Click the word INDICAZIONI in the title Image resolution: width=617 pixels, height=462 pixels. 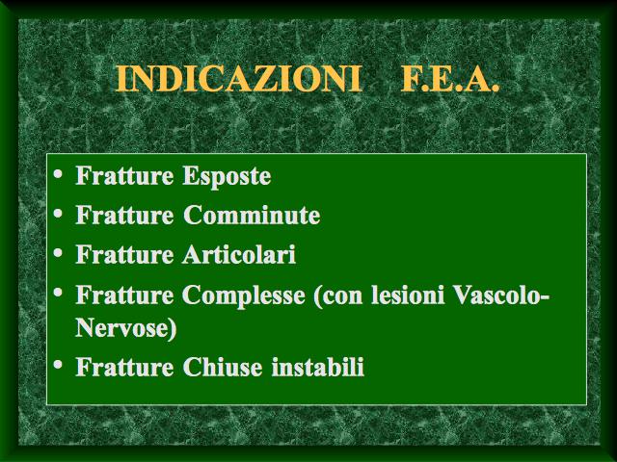[x=238, y=79]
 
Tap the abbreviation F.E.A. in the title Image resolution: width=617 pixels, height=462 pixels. [x=450, y=79]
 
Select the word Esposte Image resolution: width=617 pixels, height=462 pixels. [x=227, y=175]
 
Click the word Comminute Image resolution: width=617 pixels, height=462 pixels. [x=252, y=215]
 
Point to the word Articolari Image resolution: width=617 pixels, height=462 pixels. [x=239, y=254]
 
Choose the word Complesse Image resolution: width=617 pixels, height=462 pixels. [x=244, y=295]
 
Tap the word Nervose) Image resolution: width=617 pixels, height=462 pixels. [x=126, y=327]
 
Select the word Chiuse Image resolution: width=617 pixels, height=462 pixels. [x=223, y=367]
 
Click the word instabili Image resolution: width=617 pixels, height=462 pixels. [x=318, y=367]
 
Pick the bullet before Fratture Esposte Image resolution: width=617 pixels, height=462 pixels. [x=58, y=173]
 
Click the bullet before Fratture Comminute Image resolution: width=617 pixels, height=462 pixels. [x=58, y=214]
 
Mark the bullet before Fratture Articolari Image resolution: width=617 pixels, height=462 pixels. [x=58, y=252]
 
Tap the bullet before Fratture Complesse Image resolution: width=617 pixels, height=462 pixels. [x=58, y=293]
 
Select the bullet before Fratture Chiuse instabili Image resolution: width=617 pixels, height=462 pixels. [x=58, y=364]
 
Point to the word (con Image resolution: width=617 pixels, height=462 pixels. [x=338, y=295]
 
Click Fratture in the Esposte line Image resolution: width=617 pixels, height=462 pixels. [x=124, y=175]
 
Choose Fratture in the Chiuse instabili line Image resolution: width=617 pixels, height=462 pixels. [x=124, y=367]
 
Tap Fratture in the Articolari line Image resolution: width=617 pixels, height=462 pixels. [x=124, y=254]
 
